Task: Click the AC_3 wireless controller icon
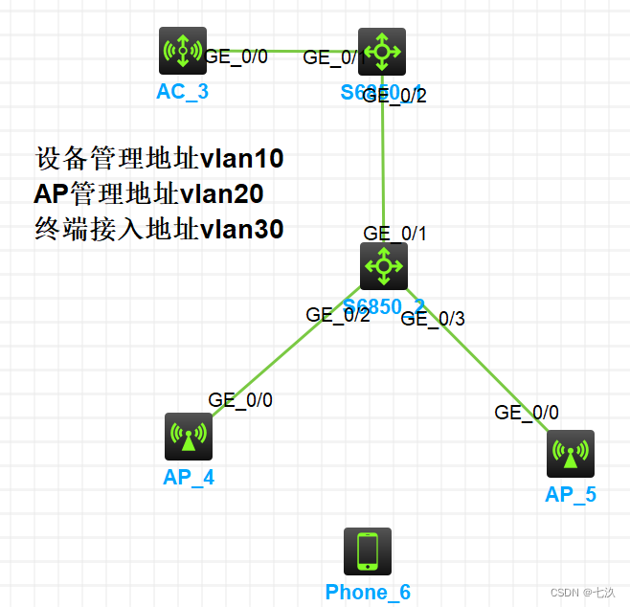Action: pos(182,51)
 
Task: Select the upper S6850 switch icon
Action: pos(382,51)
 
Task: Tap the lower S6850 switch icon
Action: pos(383,265)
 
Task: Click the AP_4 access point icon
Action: pos(188,437)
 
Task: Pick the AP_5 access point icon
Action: pos(571,454)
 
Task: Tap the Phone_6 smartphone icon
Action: pos(368,551)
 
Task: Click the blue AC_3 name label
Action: pos(182,92)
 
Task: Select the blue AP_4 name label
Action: pos(188,477)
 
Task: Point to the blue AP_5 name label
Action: pos(571,495)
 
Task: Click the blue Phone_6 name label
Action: pos(368,593)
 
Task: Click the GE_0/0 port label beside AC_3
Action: pos(236,56)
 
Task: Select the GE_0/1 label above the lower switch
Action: pos(394,234)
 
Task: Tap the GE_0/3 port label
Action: pos(432,319)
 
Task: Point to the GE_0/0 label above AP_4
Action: pos(240,400)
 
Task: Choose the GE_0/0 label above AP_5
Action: pos(527,413)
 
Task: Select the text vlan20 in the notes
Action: pos(222,193)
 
